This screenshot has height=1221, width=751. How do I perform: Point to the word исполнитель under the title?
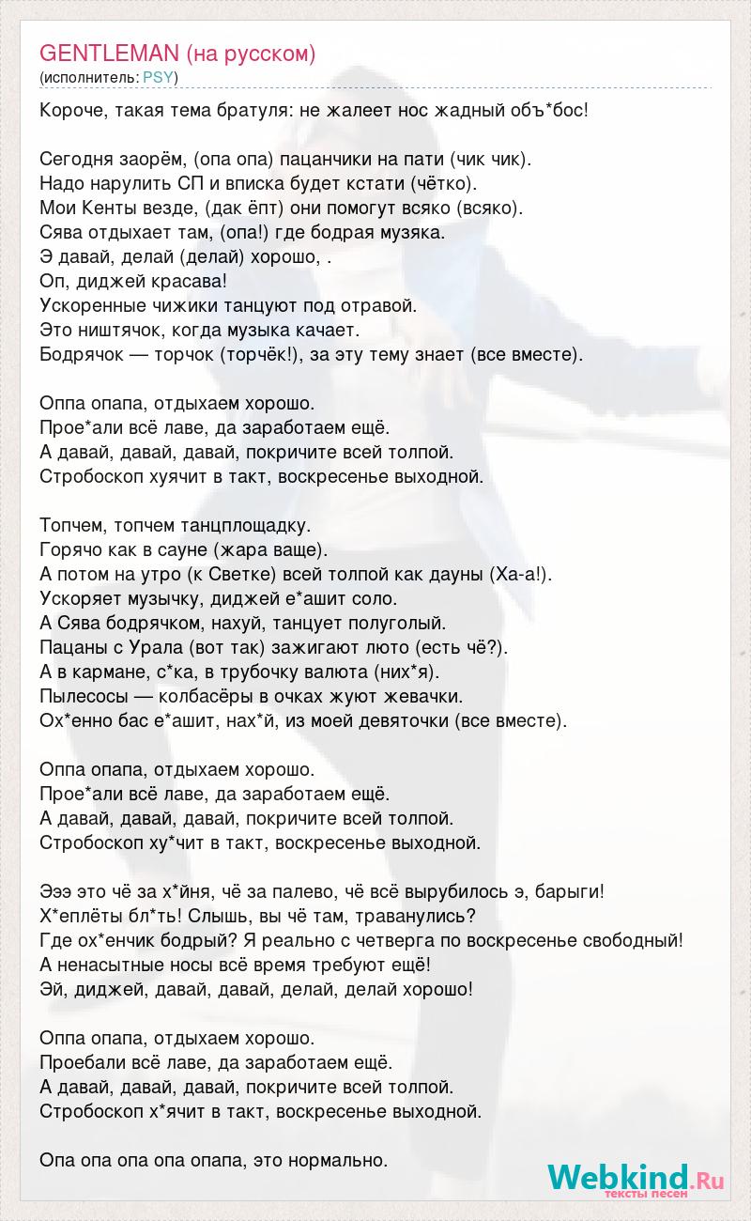[89, 77]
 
